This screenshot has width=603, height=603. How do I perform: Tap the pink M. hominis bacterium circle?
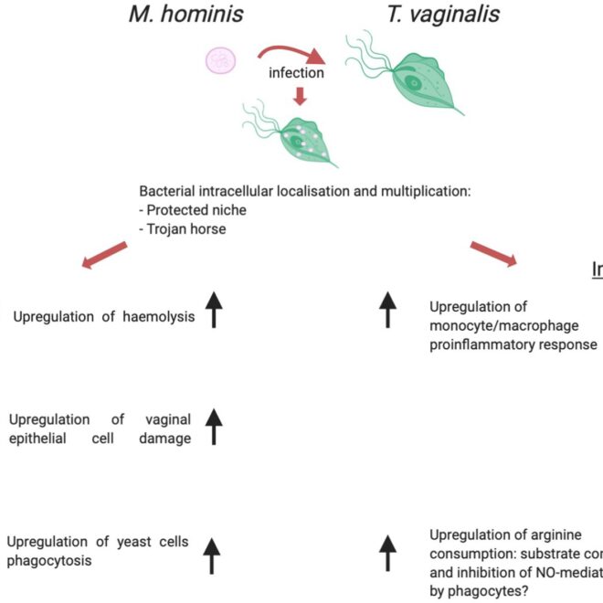coord(221,60)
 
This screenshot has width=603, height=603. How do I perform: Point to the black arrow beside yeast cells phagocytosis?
coord(212,555)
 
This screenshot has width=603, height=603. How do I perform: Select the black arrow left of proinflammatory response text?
coord(387,310)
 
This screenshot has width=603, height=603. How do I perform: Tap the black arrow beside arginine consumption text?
coord(387,555)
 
